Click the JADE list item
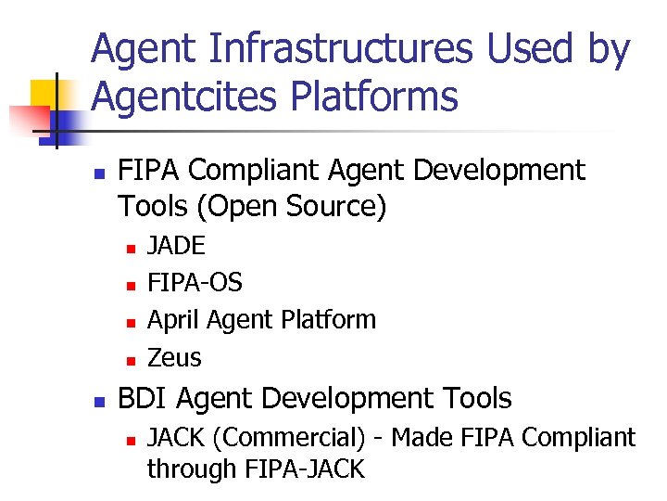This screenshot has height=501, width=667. pos(177,246)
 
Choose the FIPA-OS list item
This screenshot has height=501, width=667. pos(195,282)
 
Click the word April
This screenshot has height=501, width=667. pos(173,320)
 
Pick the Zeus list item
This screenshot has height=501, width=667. pos(174,357)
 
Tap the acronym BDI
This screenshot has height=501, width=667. pos(144,399)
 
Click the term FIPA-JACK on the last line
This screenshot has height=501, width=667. pos(305,469)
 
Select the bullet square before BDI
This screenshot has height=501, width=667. pos(101,401)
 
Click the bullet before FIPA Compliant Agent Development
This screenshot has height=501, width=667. pos(101,173)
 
